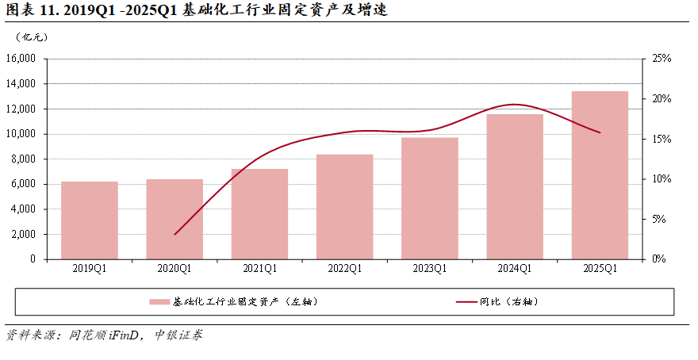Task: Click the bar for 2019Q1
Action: click(x=90, y=220)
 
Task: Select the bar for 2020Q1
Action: click(x=174, y=219)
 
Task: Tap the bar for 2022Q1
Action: click(x=344, y=207)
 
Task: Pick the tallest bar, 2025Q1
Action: click(x=600, y=175)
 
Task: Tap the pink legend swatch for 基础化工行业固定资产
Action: click(x=159, y=302)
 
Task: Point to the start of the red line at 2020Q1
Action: click(x=174, y=235)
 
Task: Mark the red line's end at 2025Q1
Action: click(x=600, y=132)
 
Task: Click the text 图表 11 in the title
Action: click(x=31, y=10)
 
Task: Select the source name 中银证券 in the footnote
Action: click(x=178, y=335)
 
